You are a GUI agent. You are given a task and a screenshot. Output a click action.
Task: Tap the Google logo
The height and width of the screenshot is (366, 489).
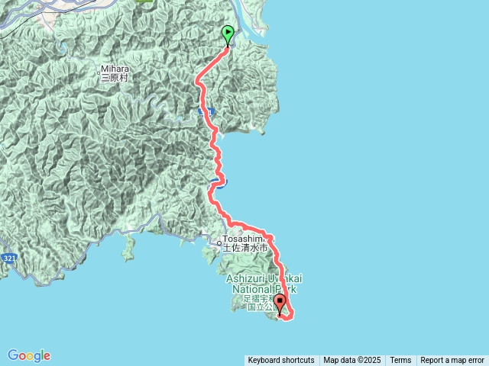29,355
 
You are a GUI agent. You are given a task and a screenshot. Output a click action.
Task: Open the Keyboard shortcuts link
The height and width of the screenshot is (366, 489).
280,360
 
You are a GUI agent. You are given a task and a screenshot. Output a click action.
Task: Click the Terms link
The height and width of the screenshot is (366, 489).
400,360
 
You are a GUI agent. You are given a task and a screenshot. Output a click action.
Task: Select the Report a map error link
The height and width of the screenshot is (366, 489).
452,360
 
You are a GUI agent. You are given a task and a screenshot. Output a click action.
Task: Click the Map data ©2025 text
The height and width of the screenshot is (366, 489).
352,360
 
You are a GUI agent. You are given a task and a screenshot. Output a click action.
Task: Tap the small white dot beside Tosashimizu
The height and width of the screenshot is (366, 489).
220,243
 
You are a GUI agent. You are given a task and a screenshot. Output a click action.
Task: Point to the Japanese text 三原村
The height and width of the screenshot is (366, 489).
116,78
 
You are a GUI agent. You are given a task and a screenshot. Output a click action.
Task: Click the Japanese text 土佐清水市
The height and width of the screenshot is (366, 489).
245,248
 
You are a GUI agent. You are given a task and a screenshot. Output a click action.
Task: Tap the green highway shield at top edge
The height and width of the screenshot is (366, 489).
144,2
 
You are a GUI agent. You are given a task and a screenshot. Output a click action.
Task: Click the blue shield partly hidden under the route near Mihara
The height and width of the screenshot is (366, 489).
204,111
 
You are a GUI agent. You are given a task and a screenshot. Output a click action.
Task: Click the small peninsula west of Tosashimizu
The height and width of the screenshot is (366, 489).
128,248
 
